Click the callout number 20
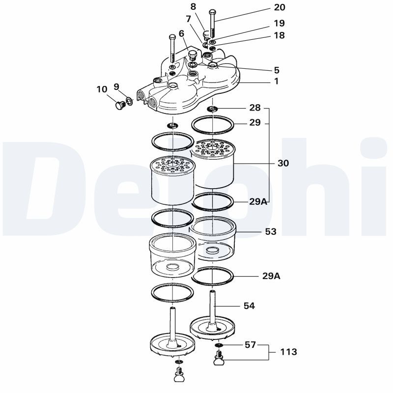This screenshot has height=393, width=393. (279, 7)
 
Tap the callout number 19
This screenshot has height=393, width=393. (279, 23)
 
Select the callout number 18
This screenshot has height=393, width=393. (279, 35)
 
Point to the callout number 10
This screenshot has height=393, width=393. (102, 89)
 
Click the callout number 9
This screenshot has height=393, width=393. (116, 86)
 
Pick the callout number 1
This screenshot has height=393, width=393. (277, 82)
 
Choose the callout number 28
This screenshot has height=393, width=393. (255, 108)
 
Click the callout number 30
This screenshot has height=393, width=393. (283, 163)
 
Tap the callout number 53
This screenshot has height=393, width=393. (271, 231)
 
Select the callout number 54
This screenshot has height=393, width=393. (250, 306)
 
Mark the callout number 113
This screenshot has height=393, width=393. (289, 352)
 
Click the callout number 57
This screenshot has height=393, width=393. (251, 345)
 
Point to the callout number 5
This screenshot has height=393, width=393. (277, 70)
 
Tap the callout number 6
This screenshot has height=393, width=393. (181, 33)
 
